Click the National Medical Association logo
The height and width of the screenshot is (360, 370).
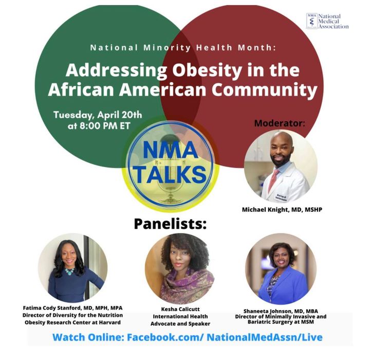327,22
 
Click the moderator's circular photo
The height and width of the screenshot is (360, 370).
281,167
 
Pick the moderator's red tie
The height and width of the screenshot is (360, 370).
274,179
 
